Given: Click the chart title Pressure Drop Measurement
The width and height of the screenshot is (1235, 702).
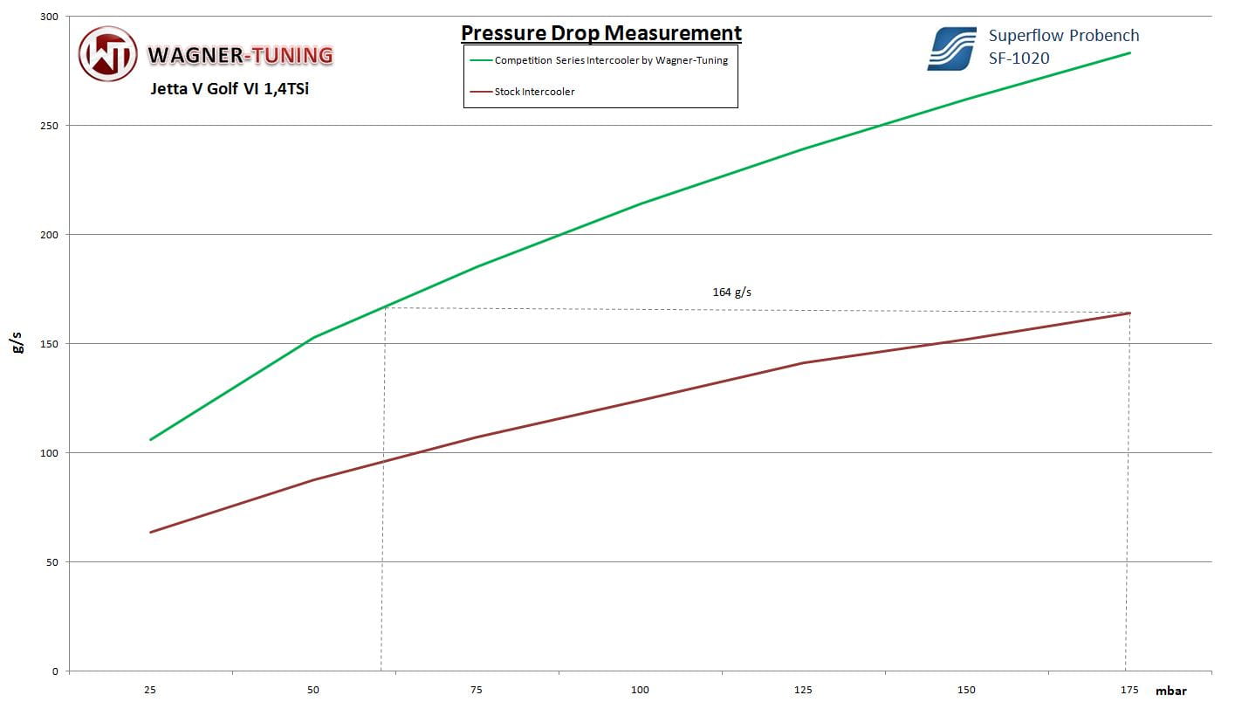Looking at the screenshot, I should pyautogui.click(x=600, y=33).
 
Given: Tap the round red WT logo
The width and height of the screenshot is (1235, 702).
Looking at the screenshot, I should pyautogui.click(x=108, y=54).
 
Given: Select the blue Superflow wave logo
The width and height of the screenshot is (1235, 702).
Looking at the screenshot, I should pyautogui.click(x=951, y=49).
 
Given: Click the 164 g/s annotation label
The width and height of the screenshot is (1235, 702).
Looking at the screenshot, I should pyautogui.click(x=731, y=292).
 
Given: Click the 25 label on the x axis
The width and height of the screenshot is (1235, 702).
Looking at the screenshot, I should pyautogui.click(x=150, y=690).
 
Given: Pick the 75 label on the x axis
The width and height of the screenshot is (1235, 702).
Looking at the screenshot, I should pyautogui.click(x=477, y=690).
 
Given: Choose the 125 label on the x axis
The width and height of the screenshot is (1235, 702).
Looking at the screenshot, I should pyautogui.click(x=803, y=690).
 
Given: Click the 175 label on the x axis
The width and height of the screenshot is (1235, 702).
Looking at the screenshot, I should pyautogui.click(x=1129, y=690).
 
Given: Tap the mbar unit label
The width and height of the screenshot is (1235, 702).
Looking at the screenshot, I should pyautogui.click(x=1170, y=690).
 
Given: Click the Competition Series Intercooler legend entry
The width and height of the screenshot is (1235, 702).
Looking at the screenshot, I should pyautogui.click(x=610, y=60).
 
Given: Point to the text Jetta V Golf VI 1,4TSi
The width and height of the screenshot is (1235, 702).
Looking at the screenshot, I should pyautogui.click(x=230, y=89).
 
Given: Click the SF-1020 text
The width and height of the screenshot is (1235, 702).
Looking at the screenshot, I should pyautogui.click(x=1019, y=58).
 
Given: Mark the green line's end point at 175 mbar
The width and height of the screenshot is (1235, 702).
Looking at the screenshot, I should pyautogui.click(x=1129, y=53).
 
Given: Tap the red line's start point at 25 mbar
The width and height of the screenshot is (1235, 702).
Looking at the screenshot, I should pyautogui.click(x=151, y=532).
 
